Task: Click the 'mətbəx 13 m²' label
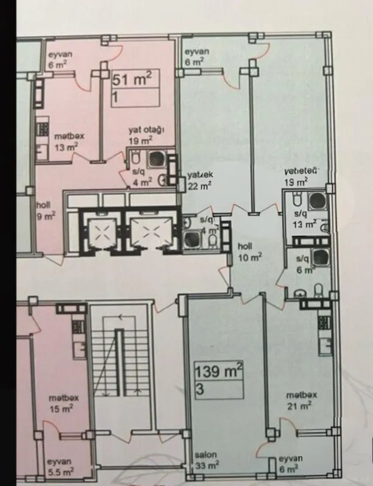[66, 142]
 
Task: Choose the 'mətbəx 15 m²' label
[61, 404]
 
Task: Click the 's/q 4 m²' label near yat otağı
[143, 176]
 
